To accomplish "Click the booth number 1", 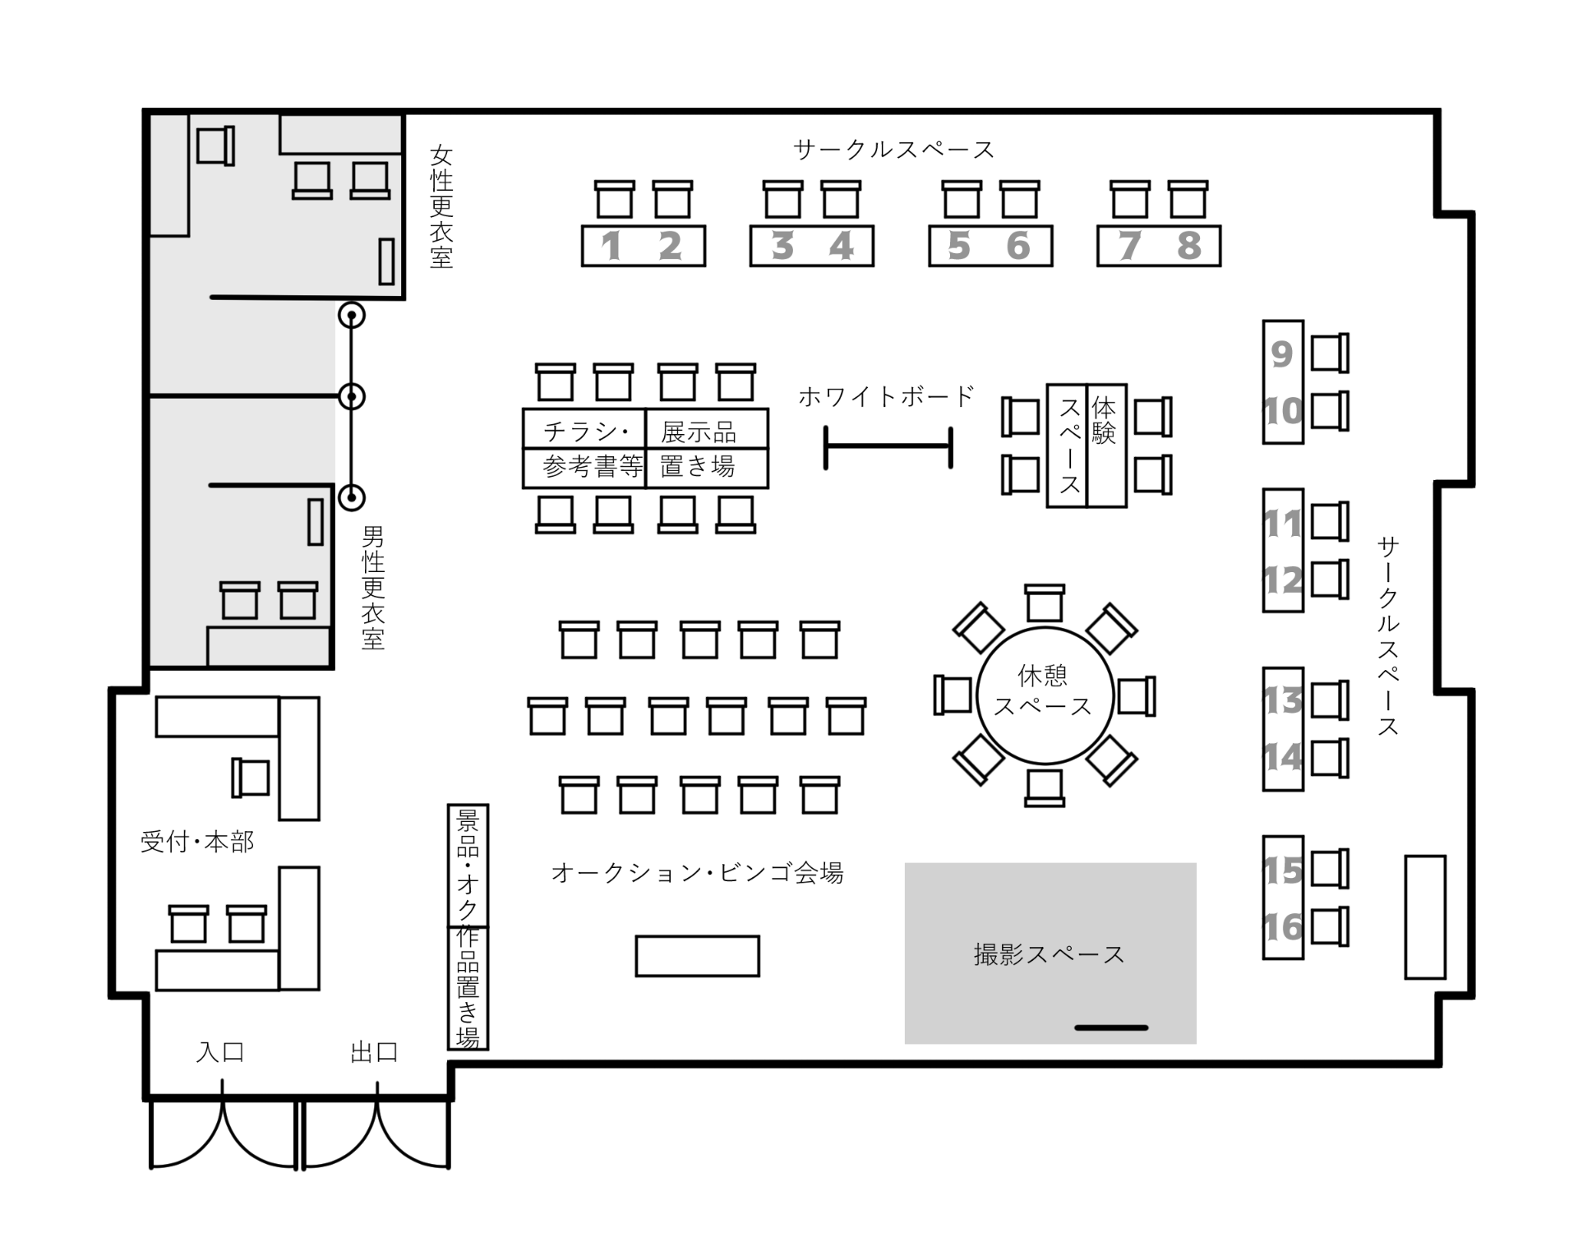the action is point(611,246).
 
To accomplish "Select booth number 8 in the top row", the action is point(1188,246).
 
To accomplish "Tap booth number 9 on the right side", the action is point(1282,354).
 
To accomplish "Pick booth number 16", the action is point(1283,928).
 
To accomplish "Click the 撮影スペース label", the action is point(1049,954).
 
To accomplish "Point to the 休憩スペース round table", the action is point(1045,695).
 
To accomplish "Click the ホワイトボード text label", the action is point(886,396).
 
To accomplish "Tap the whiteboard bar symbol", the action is point(888,447).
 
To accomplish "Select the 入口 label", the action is point(220,1051).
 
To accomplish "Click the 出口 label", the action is point(375,1051).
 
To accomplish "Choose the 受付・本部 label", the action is point(197,842).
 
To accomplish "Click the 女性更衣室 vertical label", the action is point(441,207).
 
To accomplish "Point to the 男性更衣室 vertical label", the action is point(373,589).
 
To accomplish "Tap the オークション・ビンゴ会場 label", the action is point(697,872).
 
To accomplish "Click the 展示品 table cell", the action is point(708,428).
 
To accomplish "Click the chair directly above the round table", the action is point(1045,603).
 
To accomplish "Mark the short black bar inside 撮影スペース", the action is point(1111,1027).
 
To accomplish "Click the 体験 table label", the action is point(1104,421).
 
